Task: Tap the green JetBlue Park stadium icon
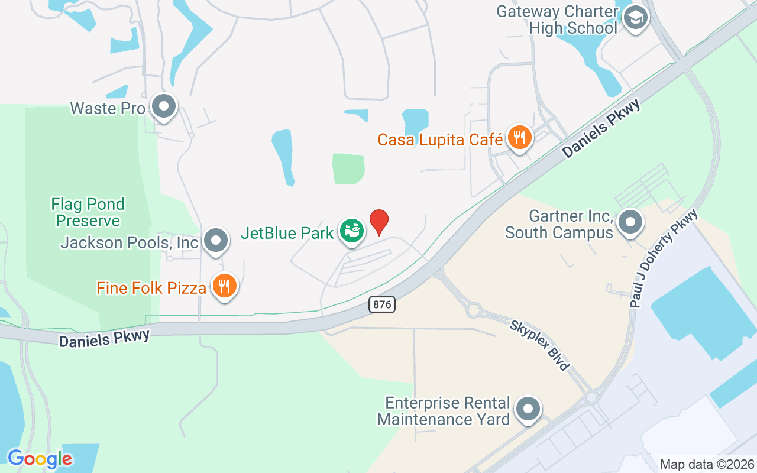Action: click(x=352, y=231)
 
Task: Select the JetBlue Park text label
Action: click(x=287, y=233)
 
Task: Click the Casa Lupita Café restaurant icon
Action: click(x=519, y=138)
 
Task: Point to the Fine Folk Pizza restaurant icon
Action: click(x=224, y=286)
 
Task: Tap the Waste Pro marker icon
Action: click(x=164, y=107)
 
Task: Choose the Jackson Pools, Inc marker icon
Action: click(x=216, y=241)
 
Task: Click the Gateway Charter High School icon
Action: click(x=636, y=18)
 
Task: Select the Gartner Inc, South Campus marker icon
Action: click(x=630, y=223)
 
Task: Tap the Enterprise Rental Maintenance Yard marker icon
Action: click(x=528, y=409)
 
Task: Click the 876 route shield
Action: click(x=381, y=304)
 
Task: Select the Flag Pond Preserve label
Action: click(x=88, y=213)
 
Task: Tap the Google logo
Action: click(x=40, y=459)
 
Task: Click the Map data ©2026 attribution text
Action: click(x=706, y=464)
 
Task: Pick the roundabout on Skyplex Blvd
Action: click(x=473, y=310)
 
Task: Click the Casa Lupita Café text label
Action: click(x=440, y=140)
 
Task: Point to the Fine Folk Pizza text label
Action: click(x=152, y=289)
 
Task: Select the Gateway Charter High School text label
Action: click(x=557, y=20)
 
